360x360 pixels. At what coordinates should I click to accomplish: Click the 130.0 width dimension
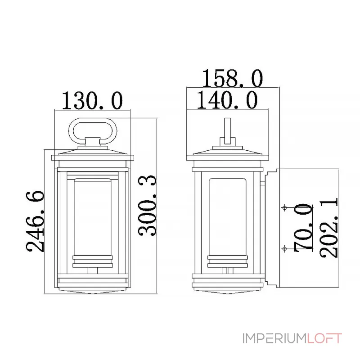tap(92, 100)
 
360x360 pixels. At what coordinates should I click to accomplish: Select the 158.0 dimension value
tap(232, 78)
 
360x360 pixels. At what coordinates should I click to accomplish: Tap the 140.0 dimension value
tap(227, 99)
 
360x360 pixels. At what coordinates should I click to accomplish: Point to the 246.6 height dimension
tap(35, 221)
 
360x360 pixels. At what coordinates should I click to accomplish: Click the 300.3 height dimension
tap(147, 206)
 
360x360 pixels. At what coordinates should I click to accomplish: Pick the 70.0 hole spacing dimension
tap(303, 228)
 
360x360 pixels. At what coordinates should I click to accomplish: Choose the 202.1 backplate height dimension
tap(329, 228)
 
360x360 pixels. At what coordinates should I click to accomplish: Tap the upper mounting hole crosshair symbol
tap(284, 208)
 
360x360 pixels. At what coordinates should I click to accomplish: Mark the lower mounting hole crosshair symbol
tap(284, 248)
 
